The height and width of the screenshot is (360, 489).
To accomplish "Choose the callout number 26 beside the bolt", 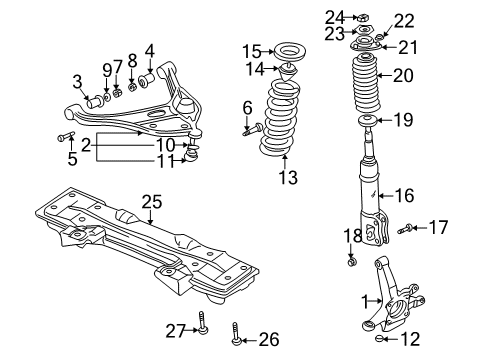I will (x=267, y=339).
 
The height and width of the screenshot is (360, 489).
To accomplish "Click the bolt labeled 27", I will (x=204, y=325).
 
